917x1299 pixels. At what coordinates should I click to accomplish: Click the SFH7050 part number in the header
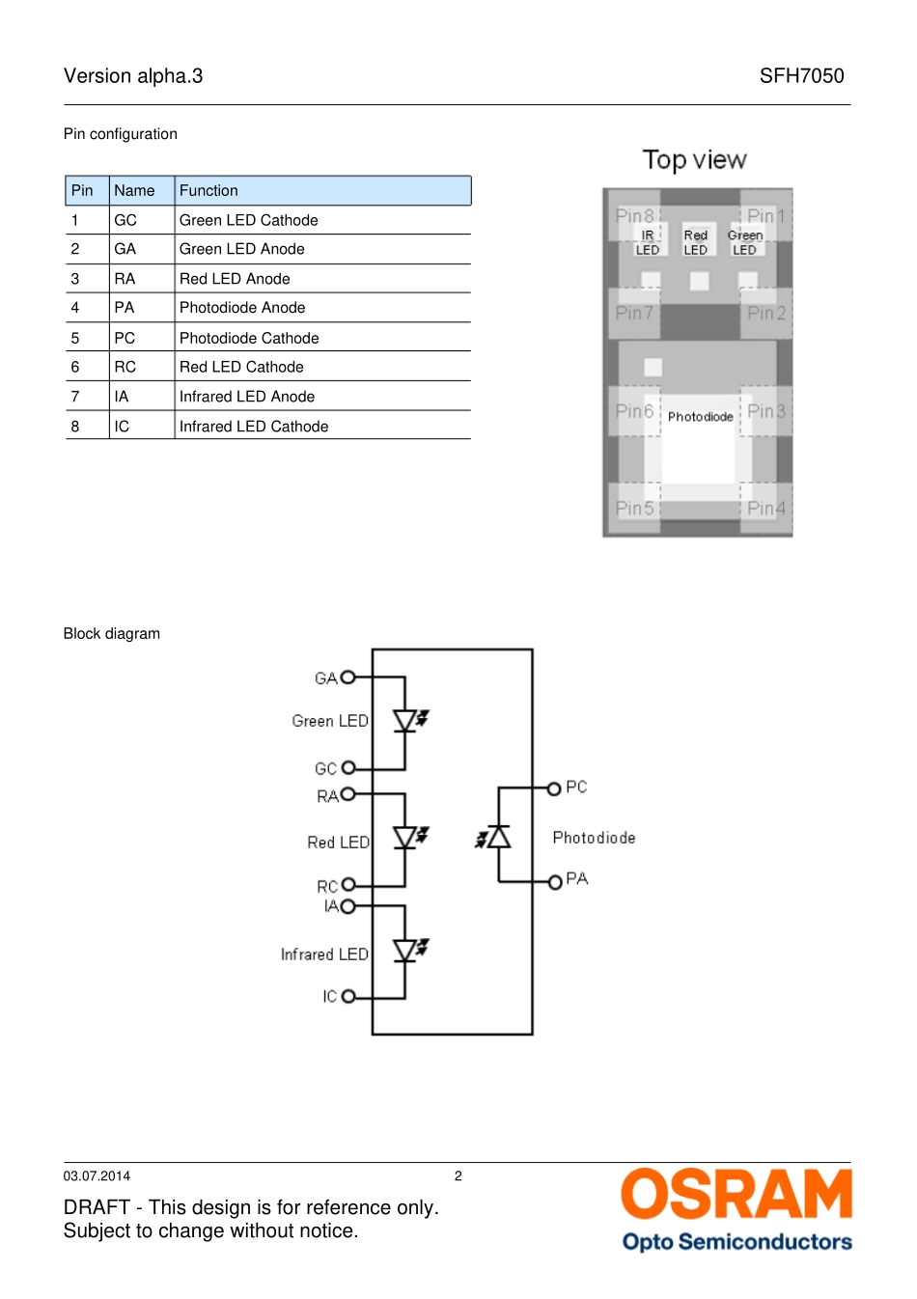[x=801, y=76]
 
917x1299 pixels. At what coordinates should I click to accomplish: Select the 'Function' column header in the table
[x=208, y=190]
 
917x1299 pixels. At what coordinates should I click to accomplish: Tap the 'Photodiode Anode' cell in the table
[x=242, y=307]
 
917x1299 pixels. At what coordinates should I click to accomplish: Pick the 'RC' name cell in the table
[x=125, y=367]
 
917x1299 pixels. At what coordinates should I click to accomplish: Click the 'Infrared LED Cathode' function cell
[x=254, y=427]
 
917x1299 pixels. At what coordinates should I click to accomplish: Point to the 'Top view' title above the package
[x=694, y=160]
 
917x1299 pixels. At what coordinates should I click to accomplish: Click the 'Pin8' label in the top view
[x=634, y=216]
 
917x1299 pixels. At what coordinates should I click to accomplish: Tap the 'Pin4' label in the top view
[x=765, y=508]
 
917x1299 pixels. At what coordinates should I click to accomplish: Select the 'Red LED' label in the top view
[x=695, y=242]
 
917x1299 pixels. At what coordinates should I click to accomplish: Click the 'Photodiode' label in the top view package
[x=700, y=417]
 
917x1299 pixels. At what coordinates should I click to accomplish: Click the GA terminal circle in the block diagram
[x=348, y=677]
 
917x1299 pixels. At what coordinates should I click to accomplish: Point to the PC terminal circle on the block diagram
[x=554, y=788]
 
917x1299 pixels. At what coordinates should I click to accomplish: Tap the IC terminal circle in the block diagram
[x=348, y=996]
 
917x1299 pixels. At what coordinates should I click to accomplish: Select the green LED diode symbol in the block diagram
[x=409, y=721]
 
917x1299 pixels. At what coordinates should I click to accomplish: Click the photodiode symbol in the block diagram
[x=494, y=837]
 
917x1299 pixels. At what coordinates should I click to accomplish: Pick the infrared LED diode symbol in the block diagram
[x=409, y=951]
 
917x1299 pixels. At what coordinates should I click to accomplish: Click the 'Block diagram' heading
[x=111, y=633]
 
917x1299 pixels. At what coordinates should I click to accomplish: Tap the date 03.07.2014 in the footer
[x=97, y=1176]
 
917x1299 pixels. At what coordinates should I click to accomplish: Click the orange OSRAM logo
[x=736, y=1194]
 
